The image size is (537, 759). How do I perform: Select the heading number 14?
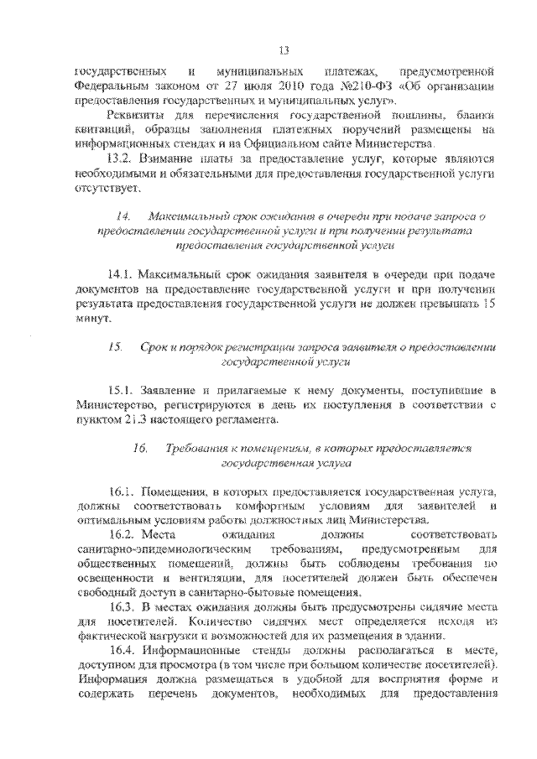pyautogui.click(x=123, y=217)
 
